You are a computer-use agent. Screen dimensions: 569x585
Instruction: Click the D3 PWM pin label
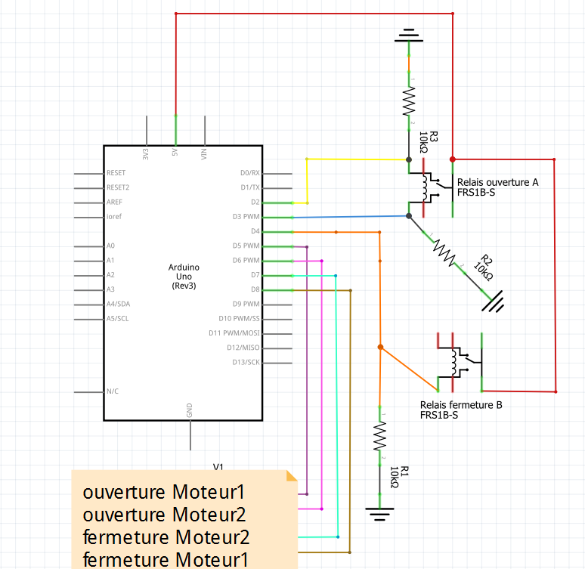(x=246, y=217)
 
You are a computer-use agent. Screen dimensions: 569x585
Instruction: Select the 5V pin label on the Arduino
(x=175, y=153)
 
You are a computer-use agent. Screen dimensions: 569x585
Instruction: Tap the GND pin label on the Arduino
(x=189, y=410)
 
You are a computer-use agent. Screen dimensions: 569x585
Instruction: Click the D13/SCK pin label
(x=246, y=362)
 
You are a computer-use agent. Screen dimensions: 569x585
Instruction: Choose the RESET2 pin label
(x=118, y=187)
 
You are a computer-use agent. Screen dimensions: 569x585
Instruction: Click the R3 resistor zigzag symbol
(x=410, y=98)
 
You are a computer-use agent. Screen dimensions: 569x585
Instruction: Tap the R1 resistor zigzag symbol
(x=379, y=436)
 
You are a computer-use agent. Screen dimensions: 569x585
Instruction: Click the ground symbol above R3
(x=409, y=36)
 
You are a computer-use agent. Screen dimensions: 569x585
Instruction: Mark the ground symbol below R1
(x=379, y=514)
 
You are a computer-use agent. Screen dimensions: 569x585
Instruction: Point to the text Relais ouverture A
(x=497, y=182)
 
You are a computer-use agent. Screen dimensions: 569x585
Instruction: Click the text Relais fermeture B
(x=461, y=405)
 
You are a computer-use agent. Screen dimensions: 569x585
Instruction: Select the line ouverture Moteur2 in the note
(x=164, y=515)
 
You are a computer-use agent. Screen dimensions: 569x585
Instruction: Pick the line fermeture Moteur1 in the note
(x=164, y=560)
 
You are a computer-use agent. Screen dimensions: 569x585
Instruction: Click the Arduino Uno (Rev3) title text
(x=184, y=277)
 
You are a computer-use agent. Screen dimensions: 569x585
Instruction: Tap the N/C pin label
(x=113, y=391)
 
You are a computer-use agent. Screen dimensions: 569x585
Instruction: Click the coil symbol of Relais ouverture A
(x=428, y=188)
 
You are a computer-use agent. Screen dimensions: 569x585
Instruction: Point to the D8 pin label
(x=255, y=289)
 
